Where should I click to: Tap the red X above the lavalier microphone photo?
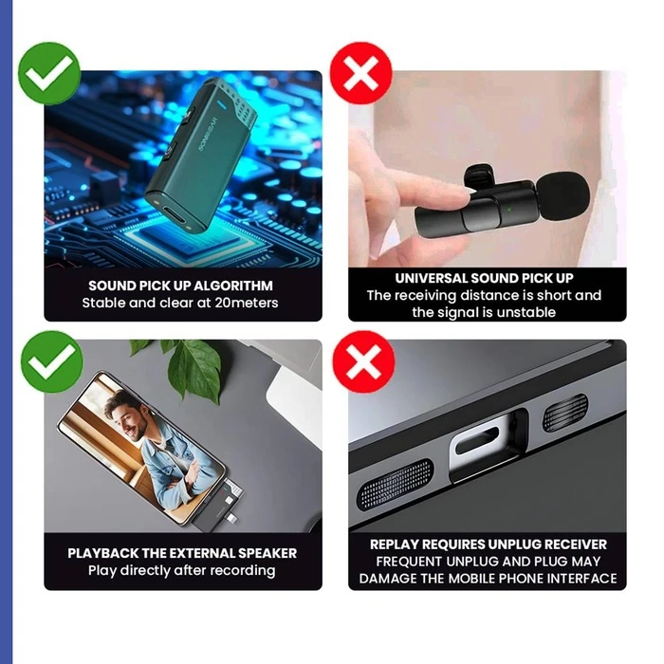360,72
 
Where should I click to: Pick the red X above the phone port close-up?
360,358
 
